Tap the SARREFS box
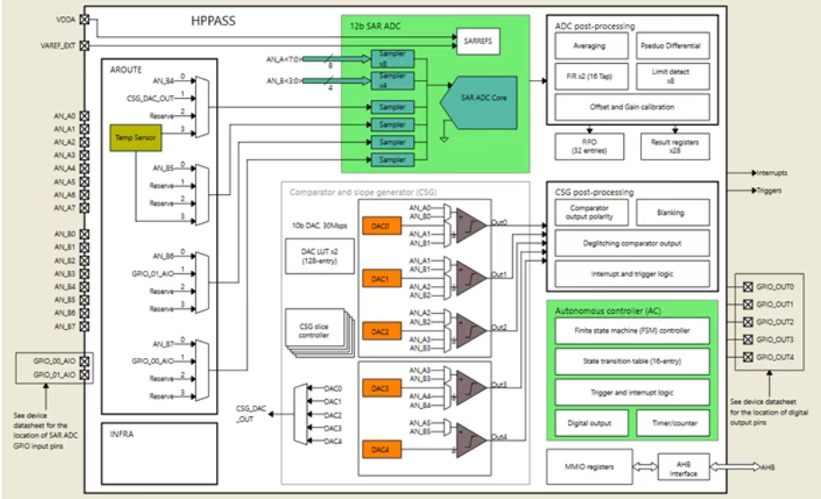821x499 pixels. point(476,40)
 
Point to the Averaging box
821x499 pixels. point(590,46)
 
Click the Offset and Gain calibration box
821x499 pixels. point(631,107)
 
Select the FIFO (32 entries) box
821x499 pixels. point(578,144)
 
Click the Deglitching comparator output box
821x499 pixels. point(631,243)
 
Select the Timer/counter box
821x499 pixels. point(672,422)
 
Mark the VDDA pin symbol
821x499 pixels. point(85,19)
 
